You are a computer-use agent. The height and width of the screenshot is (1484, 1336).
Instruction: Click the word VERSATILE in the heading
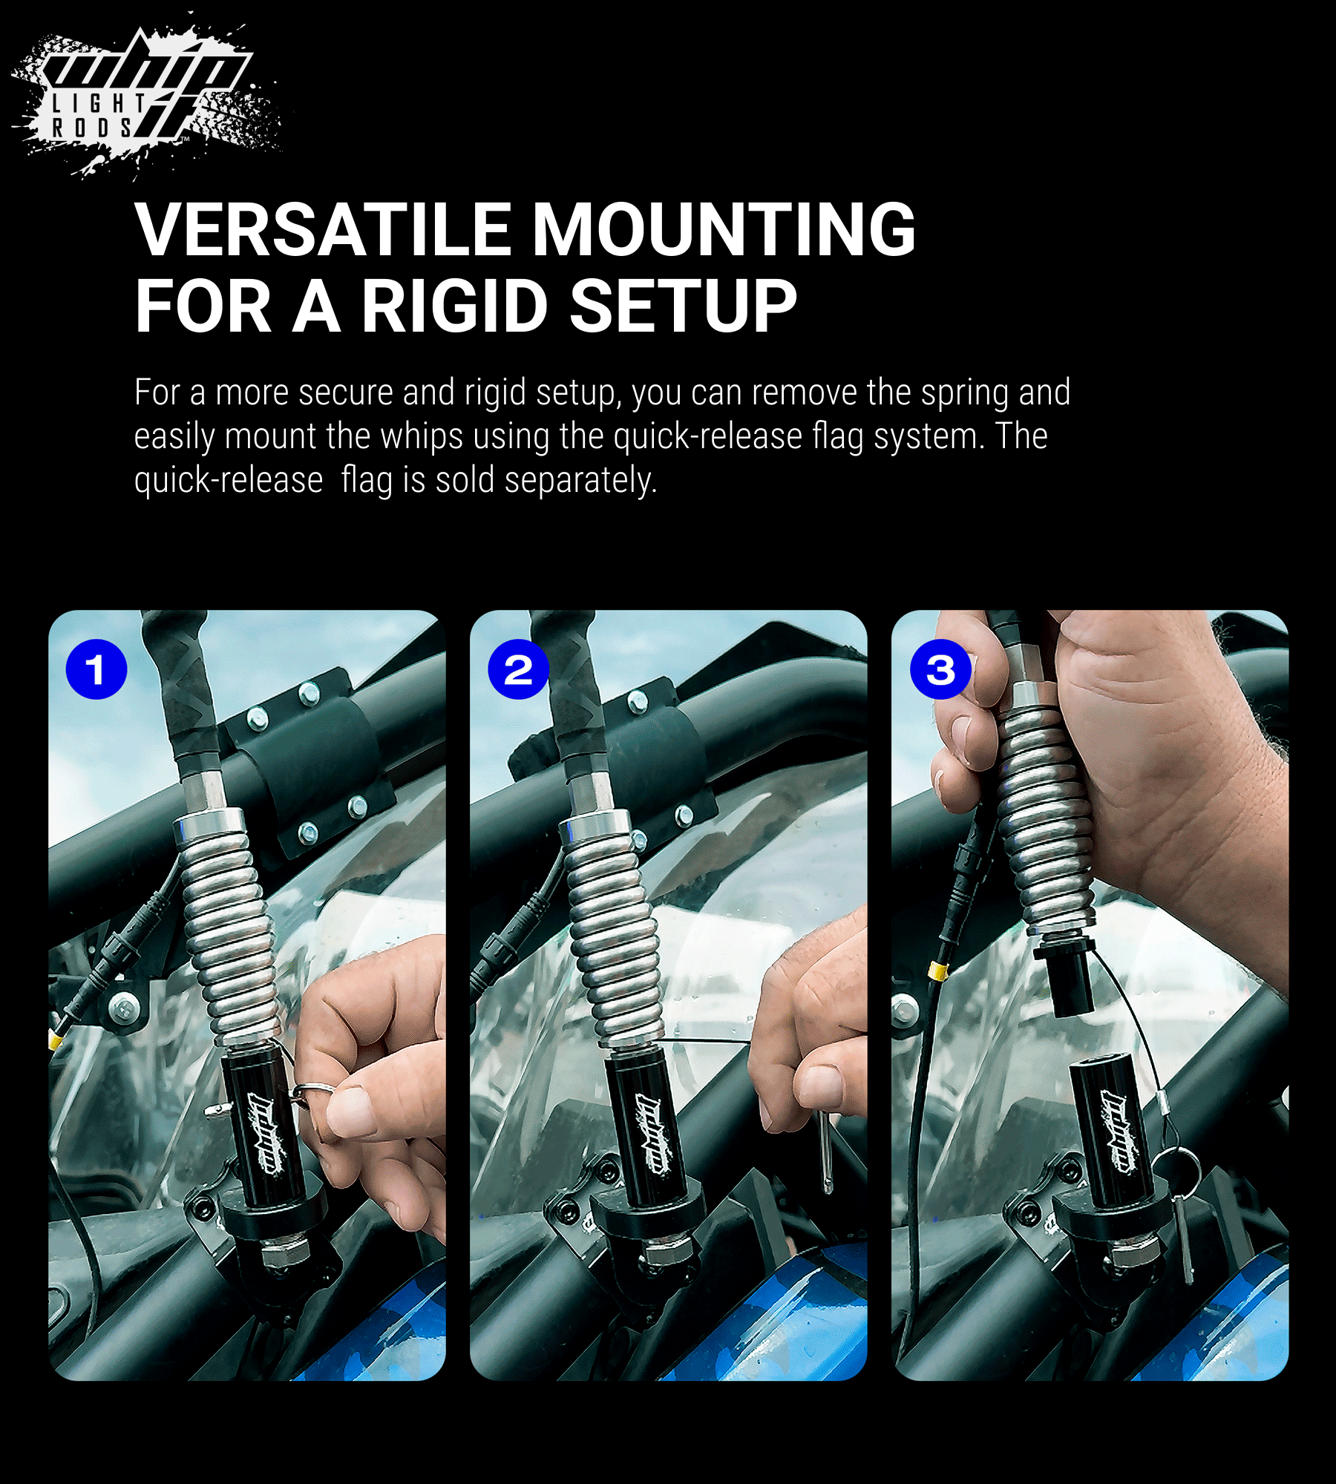(323, 230)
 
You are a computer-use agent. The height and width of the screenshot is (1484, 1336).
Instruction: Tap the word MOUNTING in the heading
(724, 230)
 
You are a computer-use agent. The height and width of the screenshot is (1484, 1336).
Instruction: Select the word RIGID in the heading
(454, 306)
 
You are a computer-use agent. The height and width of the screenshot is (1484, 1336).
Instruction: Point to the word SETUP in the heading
(683, 306)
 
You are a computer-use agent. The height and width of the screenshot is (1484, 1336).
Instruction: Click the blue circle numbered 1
(96, 669)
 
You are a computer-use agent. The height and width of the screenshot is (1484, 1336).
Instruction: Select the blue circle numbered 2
(518, 669)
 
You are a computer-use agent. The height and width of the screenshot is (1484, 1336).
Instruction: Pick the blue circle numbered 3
(940, 669)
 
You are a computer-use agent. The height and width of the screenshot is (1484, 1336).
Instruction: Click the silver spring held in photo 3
(1045, 816)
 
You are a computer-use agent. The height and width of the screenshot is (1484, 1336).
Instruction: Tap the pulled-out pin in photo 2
(826, 1150)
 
